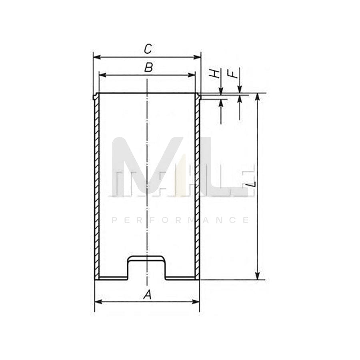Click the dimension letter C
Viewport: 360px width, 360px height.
pos(148,49)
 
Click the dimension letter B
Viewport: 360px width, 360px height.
pos(148,68)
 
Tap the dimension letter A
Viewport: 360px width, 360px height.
pos(147,294)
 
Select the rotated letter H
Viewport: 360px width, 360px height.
pos(214,74)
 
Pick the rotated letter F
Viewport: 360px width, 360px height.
pos(233,74)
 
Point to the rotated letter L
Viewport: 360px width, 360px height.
pos(252,184)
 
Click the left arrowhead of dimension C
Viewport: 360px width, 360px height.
pos(97,57)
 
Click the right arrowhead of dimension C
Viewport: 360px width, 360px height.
pos(197,57)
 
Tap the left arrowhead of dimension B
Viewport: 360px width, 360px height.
pos(103,75)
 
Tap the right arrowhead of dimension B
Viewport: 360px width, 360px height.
pos(192,75)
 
